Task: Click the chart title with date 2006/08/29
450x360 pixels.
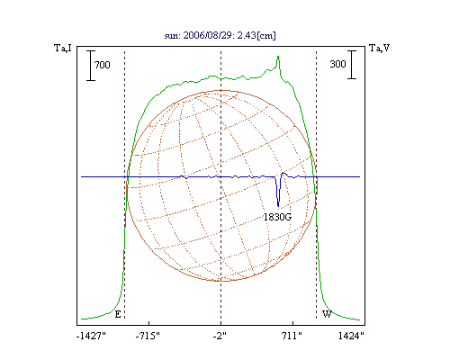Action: coord(220,35)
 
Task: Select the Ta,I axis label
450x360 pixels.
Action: coord(63,48)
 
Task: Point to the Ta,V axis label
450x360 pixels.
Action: coord(379,48)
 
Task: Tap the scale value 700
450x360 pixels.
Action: coord(103,65)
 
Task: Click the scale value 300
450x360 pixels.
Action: coord(337,64)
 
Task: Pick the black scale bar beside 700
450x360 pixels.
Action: coord(91,66)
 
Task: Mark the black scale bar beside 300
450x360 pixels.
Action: coord(352,65)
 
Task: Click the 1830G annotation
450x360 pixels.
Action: coord(277,217)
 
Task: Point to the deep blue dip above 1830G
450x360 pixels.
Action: coord(278,206)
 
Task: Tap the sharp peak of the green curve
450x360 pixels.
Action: coord(278,57)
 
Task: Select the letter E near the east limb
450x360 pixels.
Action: coord(118,314)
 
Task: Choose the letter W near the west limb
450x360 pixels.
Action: coord(327,314)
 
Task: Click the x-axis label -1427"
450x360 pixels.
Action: coord(91,336)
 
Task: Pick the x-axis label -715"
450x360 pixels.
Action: coord(148,336)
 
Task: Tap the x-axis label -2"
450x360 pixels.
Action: coord(220,336)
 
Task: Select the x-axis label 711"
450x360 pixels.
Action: coord(292,336)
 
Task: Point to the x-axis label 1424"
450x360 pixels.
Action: coord(351,336)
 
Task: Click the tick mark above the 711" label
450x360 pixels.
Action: coord(293,323)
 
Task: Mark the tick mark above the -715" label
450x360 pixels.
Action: coord(149,323)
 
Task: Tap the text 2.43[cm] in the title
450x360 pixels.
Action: coord(256,35)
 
